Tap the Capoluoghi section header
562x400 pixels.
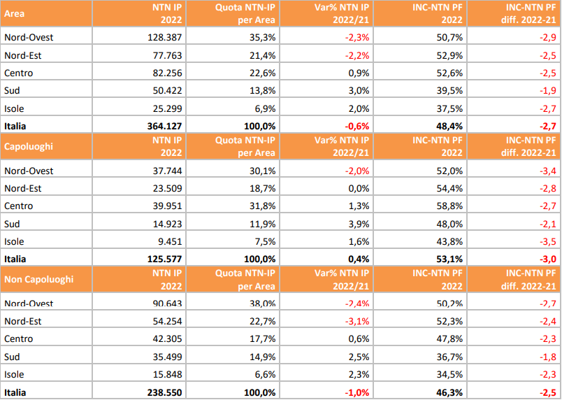pos(29,147)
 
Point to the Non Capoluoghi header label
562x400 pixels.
pos(38,280)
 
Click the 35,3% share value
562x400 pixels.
pos(262,37)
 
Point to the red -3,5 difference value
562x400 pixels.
pos(547,241)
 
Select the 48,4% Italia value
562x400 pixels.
pos(446,126)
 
